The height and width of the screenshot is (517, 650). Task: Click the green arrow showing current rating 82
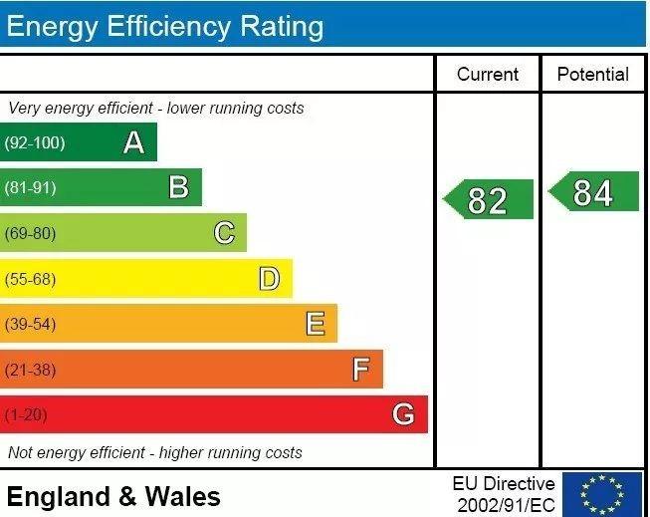click(489, 199)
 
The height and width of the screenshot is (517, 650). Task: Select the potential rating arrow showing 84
click(594, 191)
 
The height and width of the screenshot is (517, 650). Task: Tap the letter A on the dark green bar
click(133, 143)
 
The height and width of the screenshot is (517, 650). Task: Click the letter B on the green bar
click(178, 187)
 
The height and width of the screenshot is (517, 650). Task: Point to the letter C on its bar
click(224, 233)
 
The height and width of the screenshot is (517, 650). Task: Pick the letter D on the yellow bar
click(269, 279)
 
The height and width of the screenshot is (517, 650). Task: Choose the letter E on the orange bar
click(315, 324)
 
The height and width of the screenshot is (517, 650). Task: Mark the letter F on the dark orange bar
click(360, 370)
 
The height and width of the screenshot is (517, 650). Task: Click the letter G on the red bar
click(403, 414)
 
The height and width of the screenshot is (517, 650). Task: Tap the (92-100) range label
click(35, 143)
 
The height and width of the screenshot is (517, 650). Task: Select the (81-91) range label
click(31, 188)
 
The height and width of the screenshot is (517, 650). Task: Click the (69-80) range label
click(31, 234)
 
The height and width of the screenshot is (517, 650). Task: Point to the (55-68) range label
click(31, 280)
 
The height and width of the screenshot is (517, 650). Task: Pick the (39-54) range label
click(31, 325)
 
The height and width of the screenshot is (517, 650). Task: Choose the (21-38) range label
click(31, 371)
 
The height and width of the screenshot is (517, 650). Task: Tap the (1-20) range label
click(27, 415)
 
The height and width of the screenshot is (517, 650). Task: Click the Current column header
click(488, 75)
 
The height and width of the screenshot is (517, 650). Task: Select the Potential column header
click(593, 75)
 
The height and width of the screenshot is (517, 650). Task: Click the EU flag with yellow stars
click(602, 493)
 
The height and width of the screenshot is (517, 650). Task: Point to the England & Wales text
click(113, 496)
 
